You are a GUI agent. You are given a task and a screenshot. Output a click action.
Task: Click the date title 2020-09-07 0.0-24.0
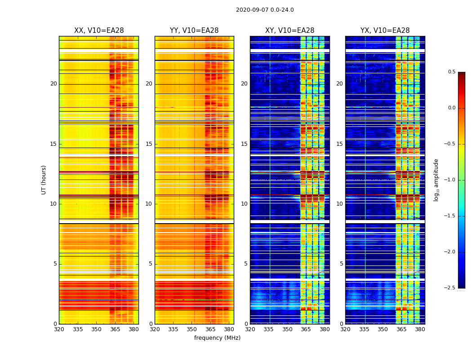click(x=265, y=10)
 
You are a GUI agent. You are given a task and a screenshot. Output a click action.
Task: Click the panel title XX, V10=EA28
click(x=99, y=31)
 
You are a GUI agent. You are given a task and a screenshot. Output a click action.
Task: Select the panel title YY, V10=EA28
click(x=194, y=31)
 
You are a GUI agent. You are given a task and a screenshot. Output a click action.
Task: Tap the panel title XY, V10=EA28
click(x=289, y=31)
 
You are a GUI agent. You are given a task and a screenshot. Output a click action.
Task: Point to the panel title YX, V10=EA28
click(x=385, y=31)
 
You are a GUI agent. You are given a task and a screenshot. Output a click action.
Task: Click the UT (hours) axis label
click(x=44, y=180)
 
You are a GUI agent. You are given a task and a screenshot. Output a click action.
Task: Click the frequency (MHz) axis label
click(x=217, y=338)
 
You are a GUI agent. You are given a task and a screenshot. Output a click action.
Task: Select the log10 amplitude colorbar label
click(x=436, y=180)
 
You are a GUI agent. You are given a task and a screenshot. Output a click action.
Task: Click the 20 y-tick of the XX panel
click(x=53, y=84)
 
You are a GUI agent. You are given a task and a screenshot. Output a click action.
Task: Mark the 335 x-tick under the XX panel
click(x=78, y=329)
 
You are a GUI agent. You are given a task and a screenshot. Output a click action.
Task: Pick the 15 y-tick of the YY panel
click(x=149, y=144)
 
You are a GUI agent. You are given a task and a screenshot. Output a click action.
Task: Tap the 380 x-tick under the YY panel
click(x=229, y=329)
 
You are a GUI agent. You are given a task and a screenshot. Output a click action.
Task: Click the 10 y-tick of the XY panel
click(x=244, y=204)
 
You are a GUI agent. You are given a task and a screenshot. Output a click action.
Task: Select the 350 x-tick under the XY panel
click(x=287, y=329)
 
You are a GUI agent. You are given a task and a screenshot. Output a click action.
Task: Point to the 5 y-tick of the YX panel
click(x=341, y=264)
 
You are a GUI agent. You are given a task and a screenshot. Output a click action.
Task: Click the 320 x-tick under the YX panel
click(x=345, y=329)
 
